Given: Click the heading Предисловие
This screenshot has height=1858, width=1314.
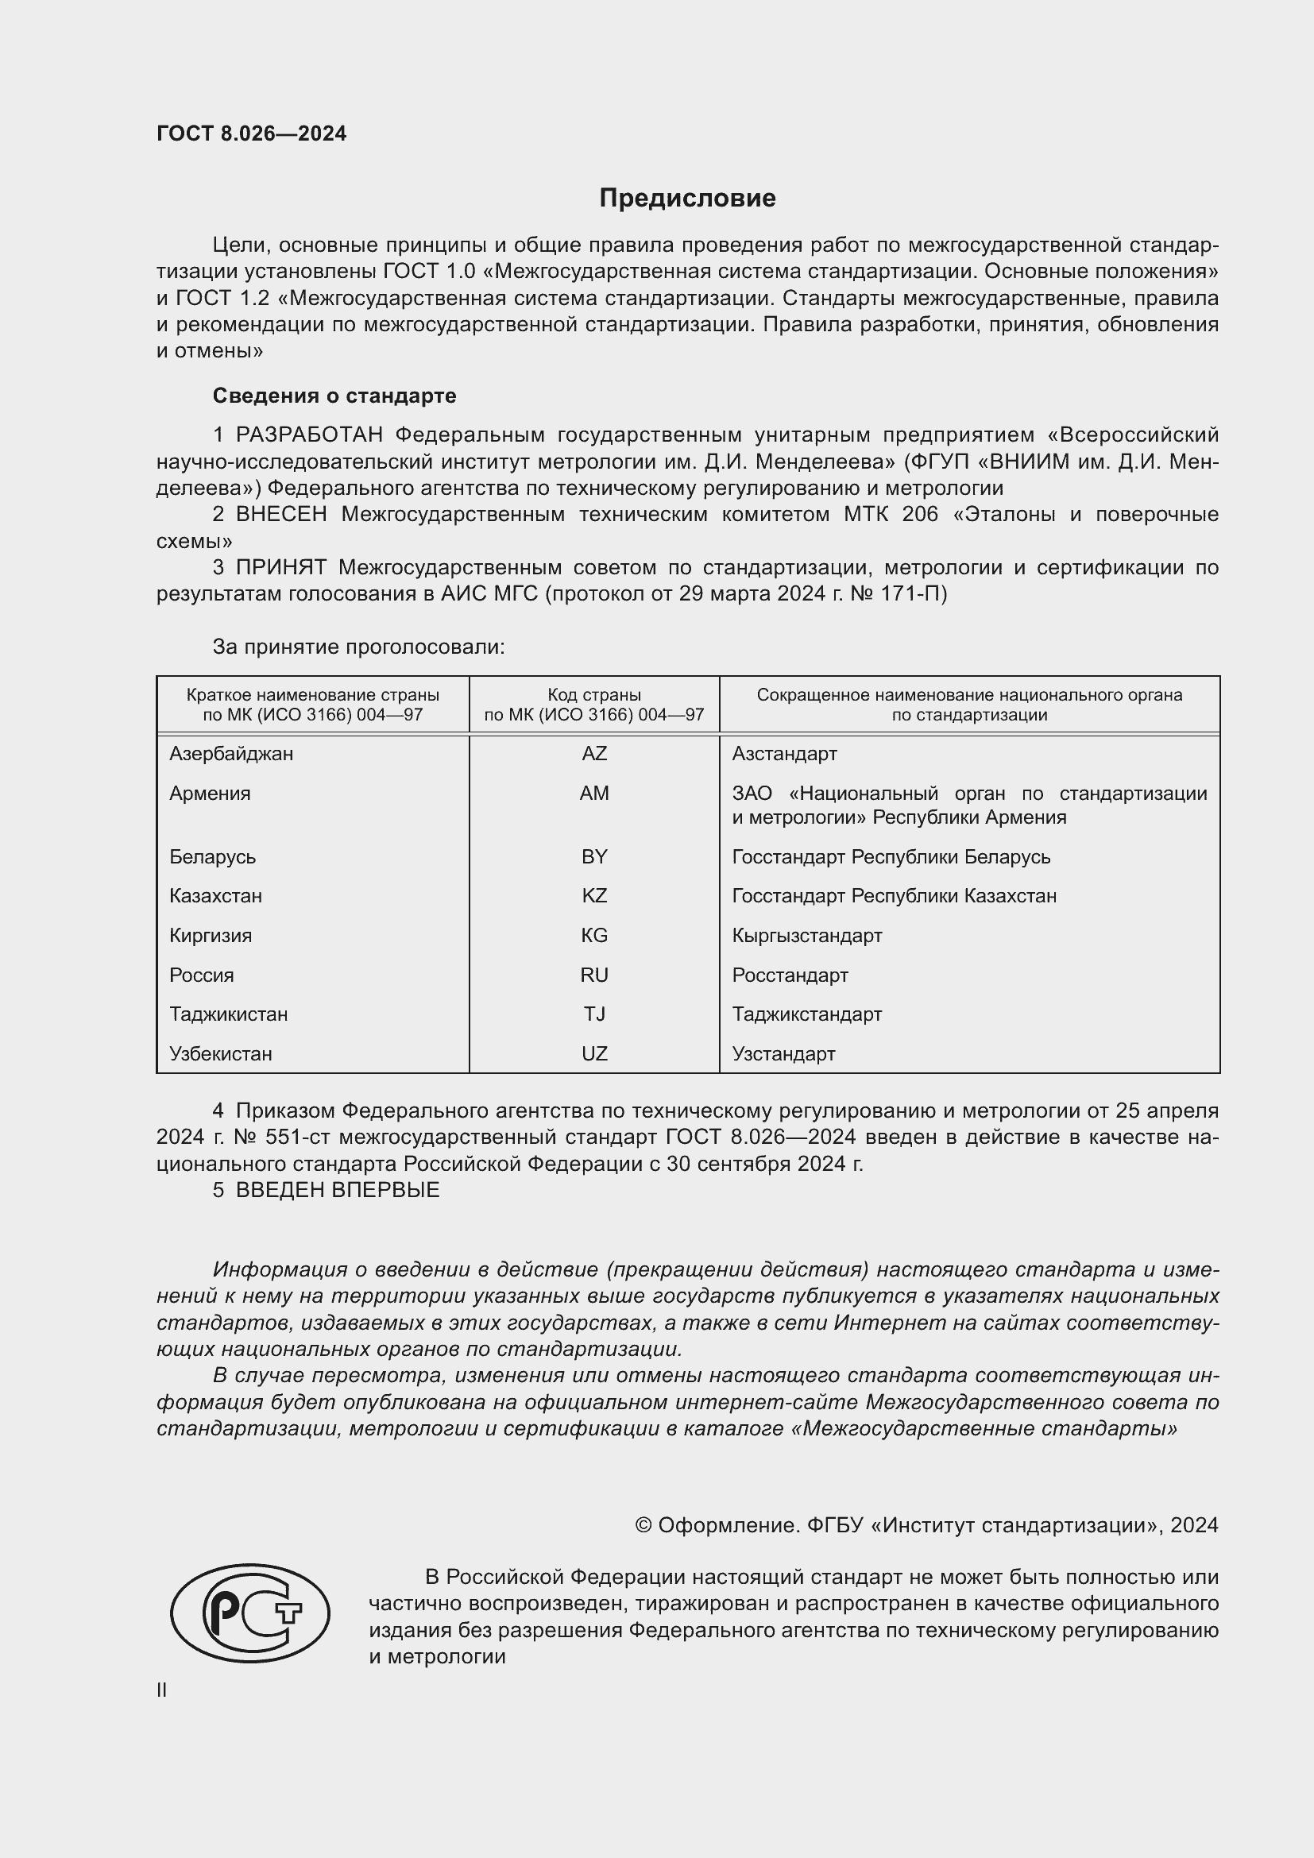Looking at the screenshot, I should tap(687, 199).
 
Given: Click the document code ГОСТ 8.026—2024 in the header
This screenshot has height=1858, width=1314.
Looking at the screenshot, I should tap(251, 134).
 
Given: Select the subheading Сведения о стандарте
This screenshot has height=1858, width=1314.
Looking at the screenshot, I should tap(334, 396).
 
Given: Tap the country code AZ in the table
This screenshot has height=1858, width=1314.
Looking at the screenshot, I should tap(594, 753).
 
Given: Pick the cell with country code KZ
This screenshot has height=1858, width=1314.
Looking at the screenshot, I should tap(594, 896).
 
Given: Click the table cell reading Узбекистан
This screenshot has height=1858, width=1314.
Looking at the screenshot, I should tap(221, 1053).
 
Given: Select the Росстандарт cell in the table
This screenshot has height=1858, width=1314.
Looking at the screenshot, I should tap(790, 975).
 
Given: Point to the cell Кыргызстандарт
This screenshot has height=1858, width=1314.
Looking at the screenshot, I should tap(806, 936).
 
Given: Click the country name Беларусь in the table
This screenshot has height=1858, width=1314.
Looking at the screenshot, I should tap(212, 856).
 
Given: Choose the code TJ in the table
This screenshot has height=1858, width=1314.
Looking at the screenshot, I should tap(594, 1014).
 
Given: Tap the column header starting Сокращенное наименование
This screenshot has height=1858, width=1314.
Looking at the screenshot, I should tap(968, 705).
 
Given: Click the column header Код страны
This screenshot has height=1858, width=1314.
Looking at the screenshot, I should tap(594, 695).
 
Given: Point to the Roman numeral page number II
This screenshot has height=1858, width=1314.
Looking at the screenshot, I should tap(162, 1690).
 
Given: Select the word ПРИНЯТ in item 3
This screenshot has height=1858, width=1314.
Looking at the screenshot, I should tap(280, 568).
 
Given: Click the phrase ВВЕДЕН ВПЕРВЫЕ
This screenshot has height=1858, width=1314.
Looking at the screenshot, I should tap(338, 1191).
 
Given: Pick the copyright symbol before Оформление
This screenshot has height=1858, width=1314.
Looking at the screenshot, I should tap(643, 1525).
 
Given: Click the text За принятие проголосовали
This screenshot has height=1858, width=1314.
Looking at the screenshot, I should tap(358, 647).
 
